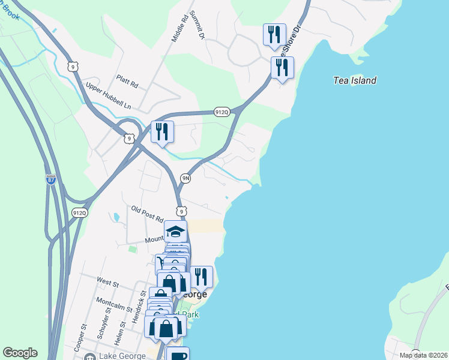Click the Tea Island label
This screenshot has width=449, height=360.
[355, 80]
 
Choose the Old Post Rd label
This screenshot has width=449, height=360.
[148, 214]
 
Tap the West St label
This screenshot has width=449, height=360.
[107, 280]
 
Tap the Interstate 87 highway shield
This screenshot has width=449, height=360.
[52, 179]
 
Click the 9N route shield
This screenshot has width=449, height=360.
[186, 178]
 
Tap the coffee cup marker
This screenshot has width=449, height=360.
[178, 355]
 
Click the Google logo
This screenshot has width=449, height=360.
[20, 353]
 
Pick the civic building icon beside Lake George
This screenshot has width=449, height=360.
[90, 356]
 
